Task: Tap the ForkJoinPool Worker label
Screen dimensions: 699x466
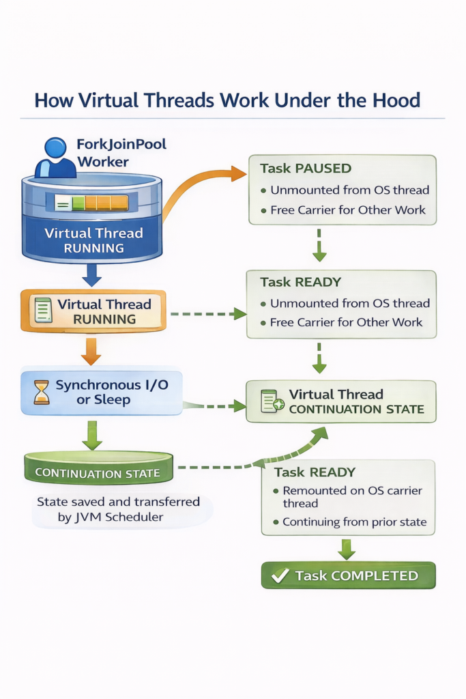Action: point(121,152)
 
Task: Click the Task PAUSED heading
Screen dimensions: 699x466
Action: point(306,168)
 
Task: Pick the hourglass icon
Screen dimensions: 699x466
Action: point(42,393)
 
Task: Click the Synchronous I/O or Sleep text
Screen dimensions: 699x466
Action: point(112,393)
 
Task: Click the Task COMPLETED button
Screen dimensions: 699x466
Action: point(348,575)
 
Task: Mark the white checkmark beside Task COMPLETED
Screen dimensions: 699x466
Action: point(280,575)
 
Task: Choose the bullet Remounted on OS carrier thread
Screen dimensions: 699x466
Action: point(352,496)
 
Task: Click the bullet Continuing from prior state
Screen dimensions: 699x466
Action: point(353,522)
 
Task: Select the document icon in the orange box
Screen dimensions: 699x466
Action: point(43,311)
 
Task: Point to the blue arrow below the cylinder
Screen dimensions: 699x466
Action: point(91,274)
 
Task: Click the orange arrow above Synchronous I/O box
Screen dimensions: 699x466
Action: point(91,350)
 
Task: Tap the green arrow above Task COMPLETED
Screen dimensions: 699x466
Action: point(347,547)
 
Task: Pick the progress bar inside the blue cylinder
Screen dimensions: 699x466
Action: point(91,202)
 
